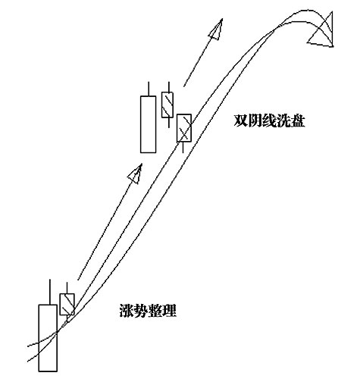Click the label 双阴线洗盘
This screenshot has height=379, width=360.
click(x=269, y=121)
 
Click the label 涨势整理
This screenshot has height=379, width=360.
click(x=148, y=311)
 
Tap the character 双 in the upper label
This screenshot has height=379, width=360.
click(x=241, y=121)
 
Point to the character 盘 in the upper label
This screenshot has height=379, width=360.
click(x=298, y=121)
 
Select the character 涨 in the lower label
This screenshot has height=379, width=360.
click(x=127, y=311)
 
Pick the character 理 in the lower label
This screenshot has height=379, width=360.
click(x=170, y=311)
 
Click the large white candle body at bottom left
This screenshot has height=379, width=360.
click(x=48, y=338)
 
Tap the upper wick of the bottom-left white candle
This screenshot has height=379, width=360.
click(x=50, y=292)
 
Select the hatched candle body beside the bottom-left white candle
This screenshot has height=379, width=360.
click(x=67, y=304)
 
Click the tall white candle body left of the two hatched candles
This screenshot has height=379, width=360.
click(x=149, y=124)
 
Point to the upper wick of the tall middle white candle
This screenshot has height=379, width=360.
click(x=149, y=89)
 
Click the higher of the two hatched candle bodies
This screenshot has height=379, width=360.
click(x=167, y=105)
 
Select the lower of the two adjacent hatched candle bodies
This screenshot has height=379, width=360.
click(x=184, y=128)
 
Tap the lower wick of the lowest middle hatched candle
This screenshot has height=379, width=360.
click(x=183, y=147)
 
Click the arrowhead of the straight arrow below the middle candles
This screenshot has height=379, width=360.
click(x=136, y=174)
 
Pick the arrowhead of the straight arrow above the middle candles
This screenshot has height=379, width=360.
click(x=216, y=30)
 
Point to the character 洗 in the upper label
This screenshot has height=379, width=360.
click(x=283, y=121)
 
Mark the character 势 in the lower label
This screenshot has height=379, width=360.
click(x=141, y=311)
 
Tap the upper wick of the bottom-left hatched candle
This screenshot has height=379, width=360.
click(x=67, y=288)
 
